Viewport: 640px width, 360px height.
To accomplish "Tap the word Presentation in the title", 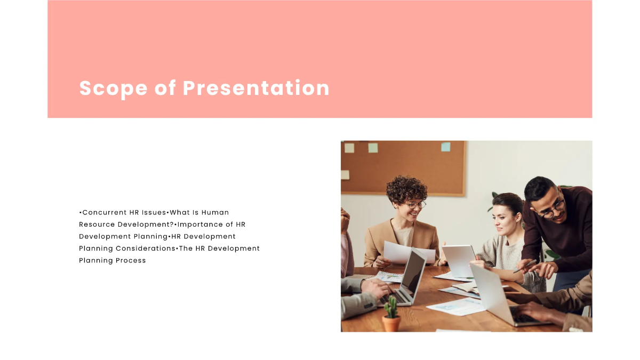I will pos(257,88).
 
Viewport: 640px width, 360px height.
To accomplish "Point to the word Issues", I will pos(154,212).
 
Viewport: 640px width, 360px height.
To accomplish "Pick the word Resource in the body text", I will pos(97,225).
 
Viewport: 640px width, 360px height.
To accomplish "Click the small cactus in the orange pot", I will pos(391,308).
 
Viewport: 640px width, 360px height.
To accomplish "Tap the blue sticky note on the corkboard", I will pos(445,147).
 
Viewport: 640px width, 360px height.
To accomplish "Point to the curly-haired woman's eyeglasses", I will pos(415,205).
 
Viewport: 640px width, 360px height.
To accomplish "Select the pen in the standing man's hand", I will pos(525,266).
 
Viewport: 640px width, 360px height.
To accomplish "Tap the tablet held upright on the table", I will pos(459,260).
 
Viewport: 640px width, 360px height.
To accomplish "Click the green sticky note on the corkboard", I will pos(373,148).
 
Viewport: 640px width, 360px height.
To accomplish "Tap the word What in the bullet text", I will pos(180,212).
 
